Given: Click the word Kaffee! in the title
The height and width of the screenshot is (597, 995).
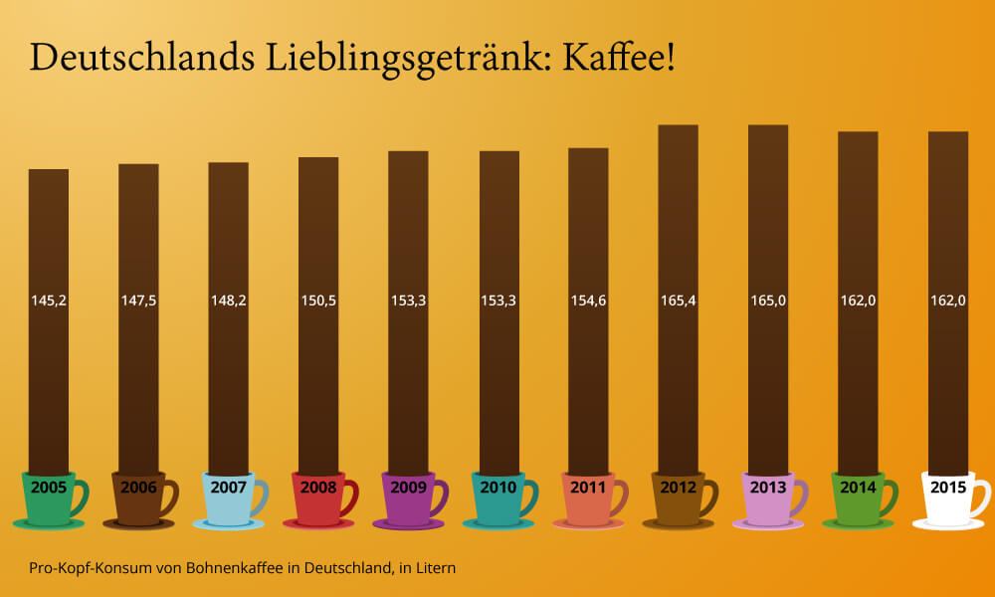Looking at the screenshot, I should (x=619, y=58).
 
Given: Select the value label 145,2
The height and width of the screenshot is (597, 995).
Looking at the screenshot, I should (x=49, y=299).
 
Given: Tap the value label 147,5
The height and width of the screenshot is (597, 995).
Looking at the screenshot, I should (x=138, y=299).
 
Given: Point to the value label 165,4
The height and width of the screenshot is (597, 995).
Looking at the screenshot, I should (x=678, y=299).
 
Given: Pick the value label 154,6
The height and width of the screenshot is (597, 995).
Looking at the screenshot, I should (x=588, y=299).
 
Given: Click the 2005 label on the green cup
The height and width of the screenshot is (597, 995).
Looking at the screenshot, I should (x=49, y=488).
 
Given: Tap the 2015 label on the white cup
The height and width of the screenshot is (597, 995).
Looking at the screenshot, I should (x=948, y=488).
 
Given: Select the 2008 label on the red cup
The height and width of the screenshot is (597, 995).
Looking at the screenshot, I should (x=318, y=488).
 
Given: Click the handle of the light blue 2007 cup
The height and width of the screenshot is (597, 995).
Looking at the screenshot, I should (x=262, y=497).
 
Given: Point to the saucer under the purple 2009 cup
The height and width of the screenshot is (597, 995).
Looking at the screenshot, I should (x=408, y=523).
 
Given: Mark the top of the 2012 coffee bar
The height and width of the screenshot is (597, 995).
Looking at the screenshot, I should (x=678, y=127).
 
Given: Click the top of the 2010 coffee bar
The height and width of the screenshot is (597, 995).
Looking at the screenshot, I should (x=498, y=153).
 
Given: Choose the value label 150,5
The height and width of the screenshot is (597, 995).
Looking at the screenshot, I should (x=318, y=299).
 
